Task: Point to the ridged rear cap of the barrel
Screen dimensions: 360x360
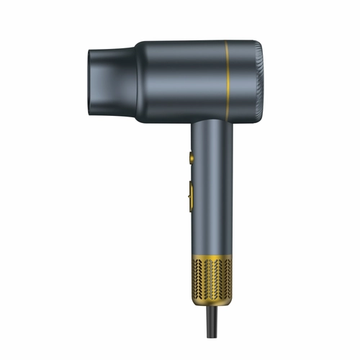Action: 257,79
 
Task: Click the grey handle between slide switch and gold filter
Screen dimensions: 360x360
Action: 212,230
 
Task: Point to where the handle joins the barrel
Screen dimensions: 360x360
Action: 212,122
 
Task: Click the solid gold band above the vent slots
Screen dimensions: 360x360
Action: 212,256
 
